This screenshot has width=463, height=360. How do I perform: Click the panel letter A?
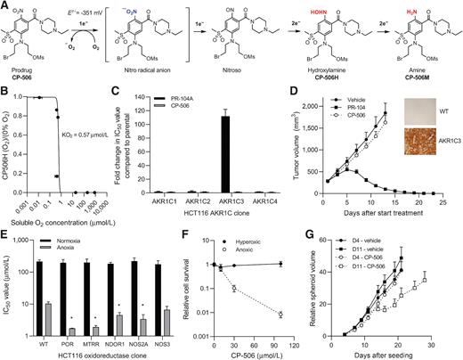(5, 6)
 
